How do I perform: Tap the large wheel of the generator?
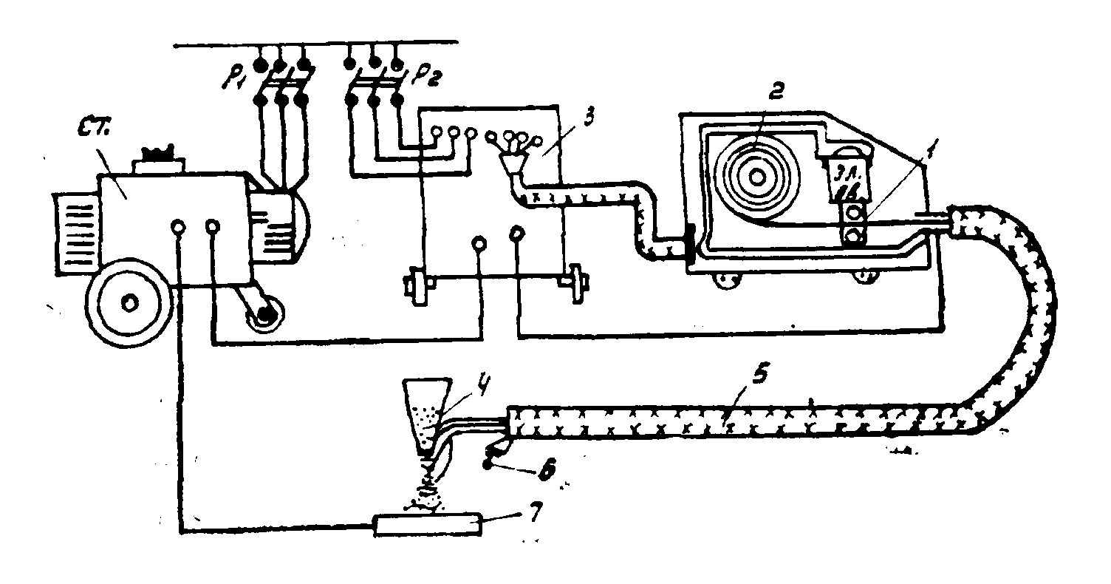130,302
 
